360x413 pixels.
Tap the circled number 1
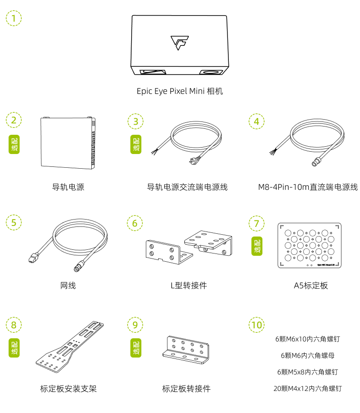tap(14, 19)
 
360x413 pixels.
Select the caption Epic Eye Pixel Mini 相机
tap(180, 91)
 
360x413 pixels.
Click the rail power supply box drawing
tap(68, 142)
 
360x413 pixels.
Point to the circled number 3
tap(135, 121)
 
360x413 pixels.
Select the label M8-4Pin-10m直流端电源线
tap(308, 187)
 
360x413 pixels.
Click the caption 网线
tap(68, 286)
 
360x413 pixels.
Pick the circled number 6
tap(135, 223)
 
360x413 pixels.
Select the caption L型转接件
tap(188, 286)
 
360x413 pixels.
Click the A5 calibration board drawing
tap(310, 245)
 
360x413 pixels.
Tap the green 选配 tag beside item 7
tap(257, 247)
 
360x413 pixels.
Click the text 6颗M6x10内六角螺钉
tap(307, 340)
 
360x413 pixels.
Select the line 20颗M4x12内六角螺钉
tap(307, 389)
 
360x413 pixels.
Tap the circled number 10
tap(257, 325)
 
